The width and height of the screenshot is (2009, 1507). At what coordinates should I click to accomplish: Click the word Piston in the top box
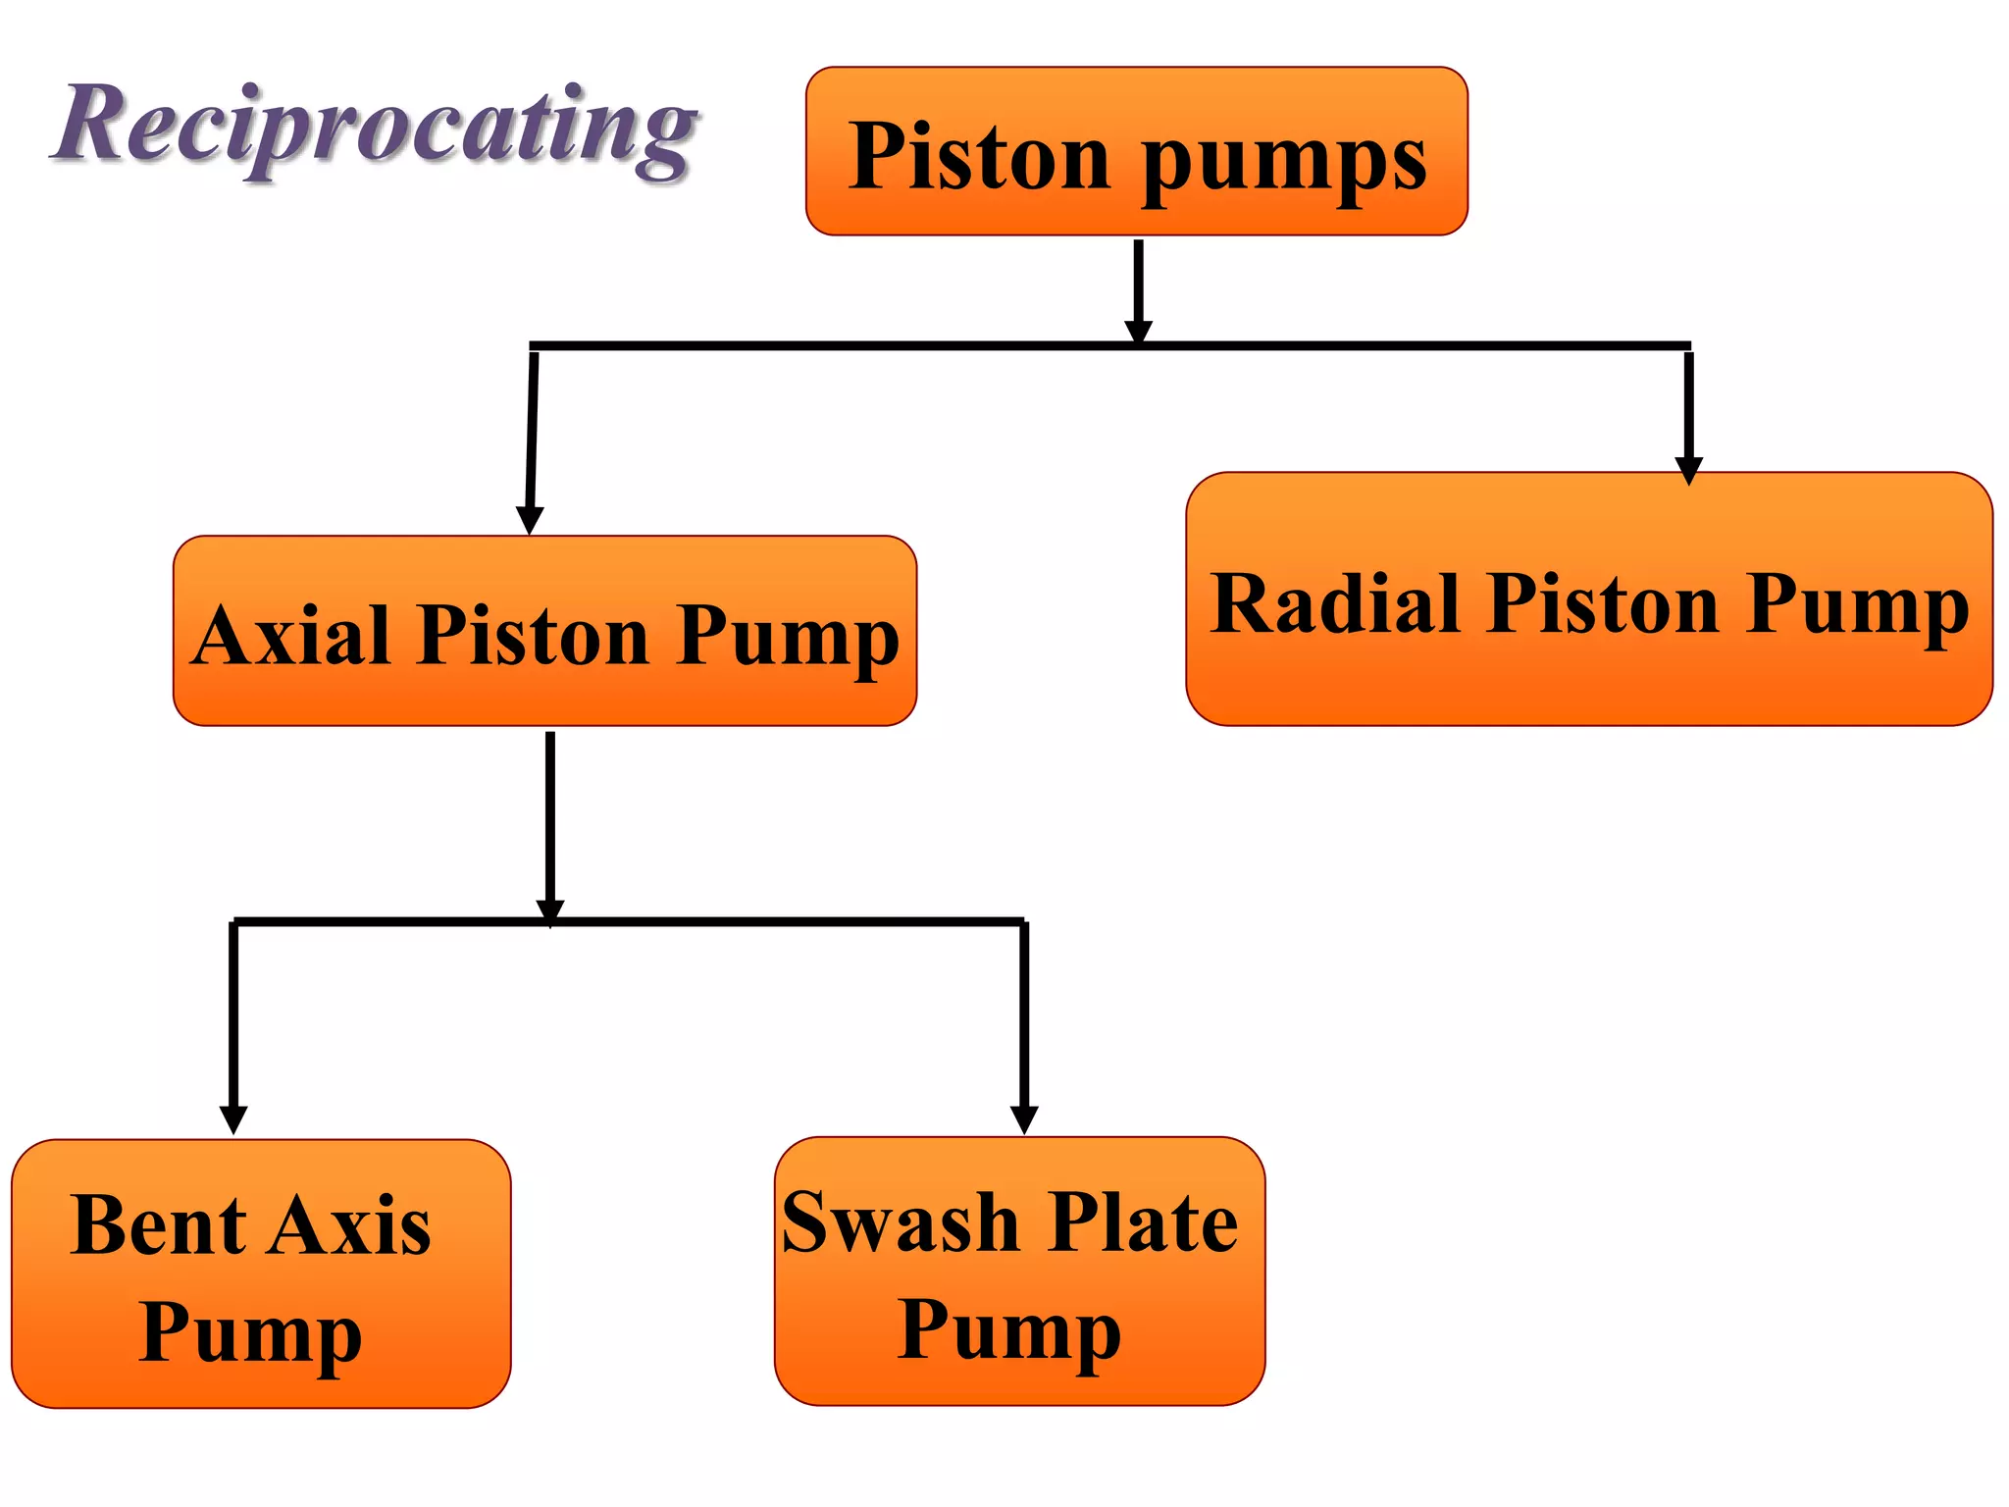tap(979, 157)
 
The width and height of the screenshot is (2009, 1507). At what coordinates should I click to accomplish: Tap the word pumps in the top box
tap(1284, 162)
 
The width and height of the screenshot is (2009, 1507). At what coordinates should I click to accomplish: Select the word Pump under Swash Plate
tap(1009, 1332)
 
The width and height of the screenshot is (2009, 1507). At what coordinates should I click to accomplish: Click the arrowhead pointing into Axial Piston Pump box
tap(530, 520)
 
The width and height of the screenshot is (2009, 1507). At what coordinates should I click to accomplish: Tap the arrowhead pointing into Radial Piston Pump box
tap(1688, 470)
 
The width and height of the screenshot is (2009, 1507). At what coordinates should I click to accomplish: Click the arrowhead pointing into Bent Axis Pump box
tap(233, 1119)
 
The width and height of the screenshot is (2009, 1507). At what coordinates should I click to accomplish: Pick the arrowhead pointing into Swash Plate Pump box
tap(1024, 1119)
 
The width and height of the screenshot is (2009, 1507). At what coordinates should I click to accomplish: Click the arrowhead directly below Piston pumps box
tap(1138, 331)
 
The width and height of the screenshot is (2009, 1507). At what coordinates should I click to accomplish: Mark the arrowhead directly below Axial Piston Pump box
tap(550, 910)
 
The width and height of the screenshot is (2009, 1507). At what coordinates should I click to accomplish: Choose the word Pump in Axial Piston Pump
tap(787, 639)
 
